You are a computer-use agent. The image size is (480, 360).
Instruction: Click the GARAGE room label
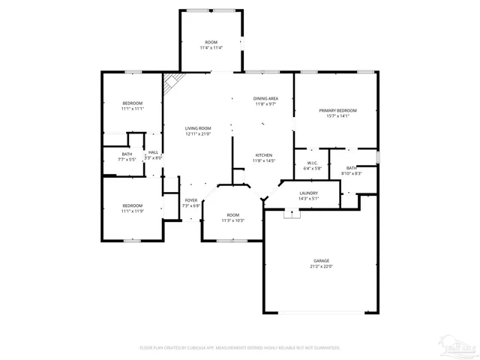point(322,260)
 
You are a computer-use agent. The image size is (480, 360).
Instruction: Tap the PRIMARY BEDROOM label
point(334,110)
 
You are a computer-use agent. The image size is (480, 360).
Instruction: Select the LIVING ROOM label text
point(198,128)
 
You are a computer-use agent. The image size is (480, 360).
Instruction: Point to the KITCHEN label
point(264,155)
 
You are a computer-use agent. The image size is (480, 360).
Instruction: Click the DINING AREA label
point(265,98)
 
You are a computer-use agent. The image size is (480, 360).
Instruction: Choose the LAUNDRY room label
point(309,193)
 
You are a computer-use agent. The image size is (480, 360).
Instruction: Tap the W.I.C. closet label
point(313,163)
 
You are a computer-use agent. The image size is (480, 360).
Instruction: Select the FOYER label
point(191,200)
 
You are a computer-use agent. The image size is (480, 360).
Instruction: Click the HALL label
point(153,152)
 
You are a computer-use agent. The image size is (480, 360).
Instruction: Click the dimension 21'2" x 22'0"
point(322,265)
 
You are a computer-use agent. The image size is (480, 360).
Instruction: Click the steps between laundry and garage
point(291,214)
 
